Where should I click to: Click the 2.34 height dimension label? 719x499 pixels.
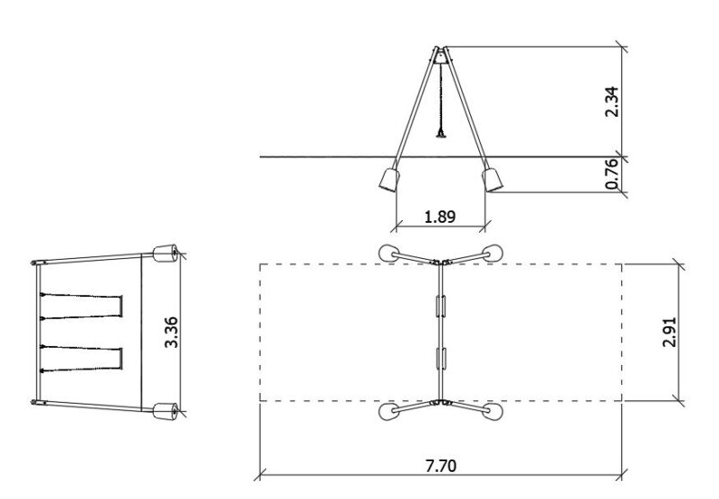pyautogui.click(x=612, y=102)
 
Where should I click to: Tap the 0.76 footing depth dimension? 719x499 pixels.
pyautogui.click(x=612, y=174)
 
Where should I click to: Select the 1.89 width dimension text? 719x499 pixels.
pyautogui.click(x=439, y=217)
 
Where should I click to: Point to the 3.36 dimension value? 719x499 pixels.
pyautogui.click(x=172, y=332)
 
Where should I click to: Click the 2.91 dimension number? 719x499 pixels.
pyautogui.click(x=670, y=332)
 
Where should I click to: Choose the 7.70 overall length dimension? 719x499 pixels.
pyautogui.click(x=440, y=466)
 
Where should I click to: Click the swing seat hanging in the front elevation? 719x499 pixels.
pyautogui.click(x=441, y=134)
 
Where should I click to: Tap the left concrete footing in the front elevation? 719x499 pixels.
pyautogui.click(x=389, y=179)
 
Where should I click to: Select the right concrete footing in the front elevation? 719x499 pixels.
pyautogui.click(x=493, y=179)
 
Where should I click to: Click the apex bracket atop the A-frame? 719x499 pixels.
pyautogui.click(x=440, y=55)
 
